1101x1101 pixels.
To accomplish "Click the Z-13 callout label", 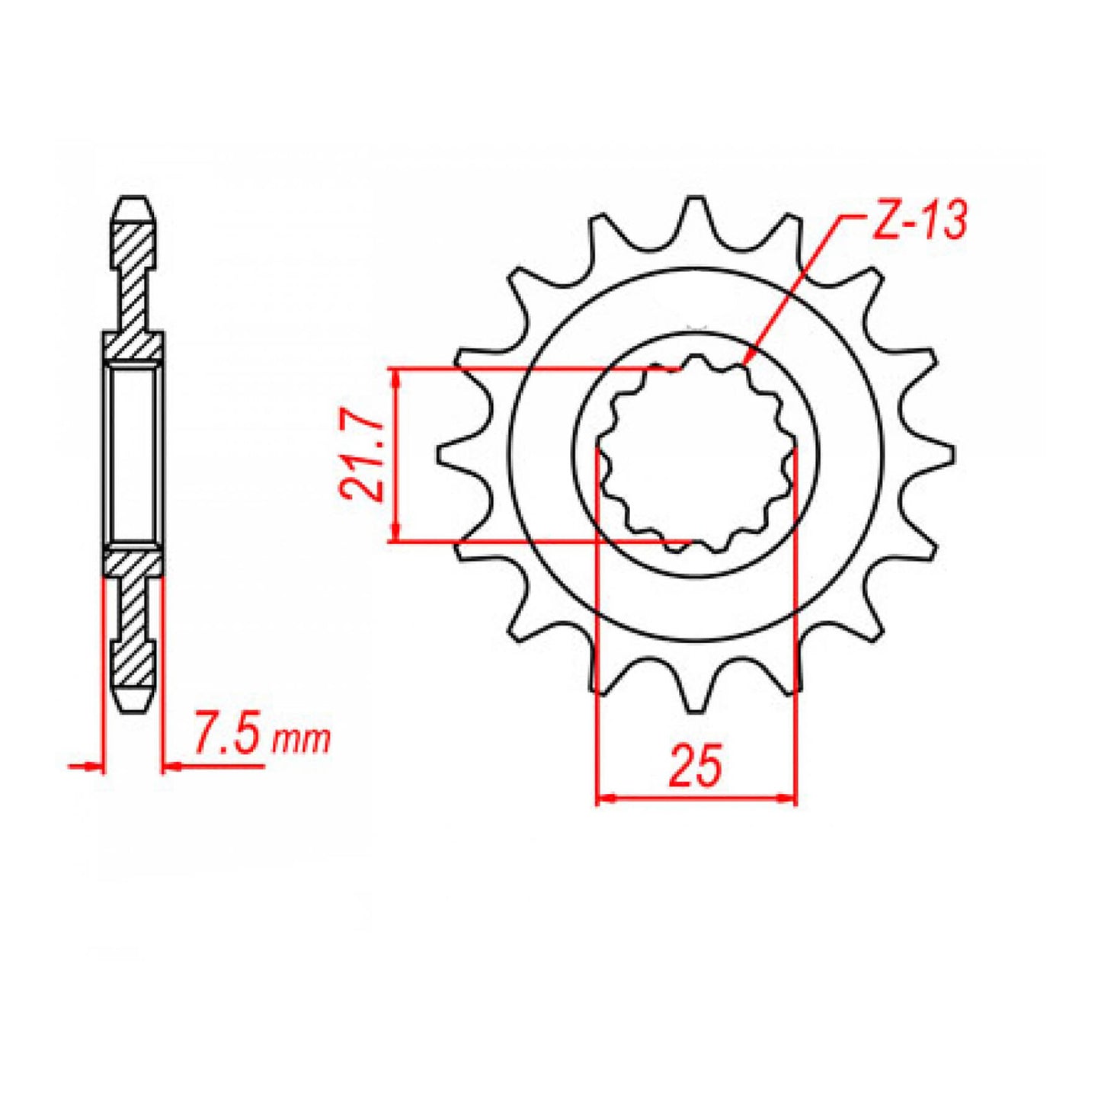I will (x=919, y=221).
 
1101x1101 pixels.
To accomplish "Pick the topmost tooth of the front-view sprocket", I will (x=694, y=210).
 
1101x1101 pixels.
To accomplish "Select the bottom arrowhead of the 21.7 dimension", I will (x=395, y=535).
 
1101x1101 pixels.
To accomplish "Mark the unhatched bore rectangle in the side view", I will (x=133, y=455).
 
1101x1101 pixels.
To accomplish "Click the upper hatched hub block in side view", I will (x=133, y=347).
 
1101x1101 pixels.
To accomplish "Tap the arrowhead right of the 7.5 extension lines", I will (x=171, y=766).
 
